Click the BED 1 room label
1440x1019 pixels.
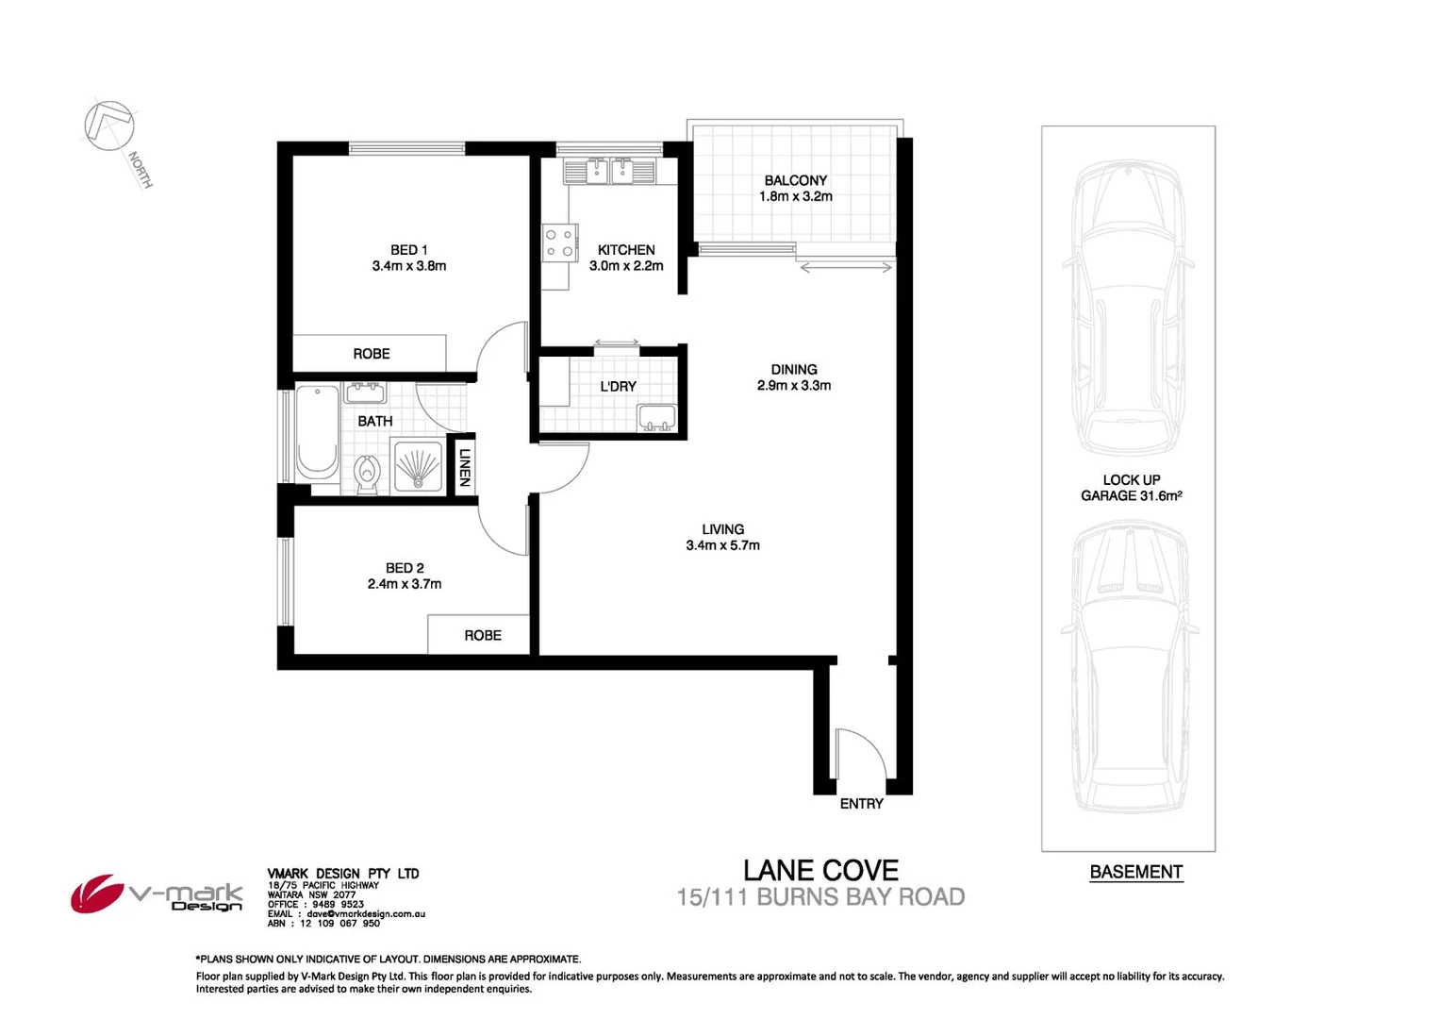click(x=408, y=250)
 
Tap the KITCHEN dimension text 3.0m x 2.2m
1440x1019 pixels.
click(x=626, y=266)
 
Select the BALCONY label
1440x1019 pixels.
click(x=796, y=180)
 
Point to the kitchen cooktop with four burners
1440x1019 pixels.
click(x=559, y=242)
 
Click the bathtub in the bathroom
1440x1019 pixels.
click(x=318, y=432)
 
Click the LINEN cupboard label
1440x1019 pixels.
click(x=464, y=467)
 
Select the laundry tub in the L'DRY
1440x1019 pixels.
click(x=657, y=417)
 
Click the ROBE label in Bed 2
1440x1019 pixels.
click(x=483, y=636)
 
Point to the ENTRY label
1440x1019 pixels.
click(x=862, y=804)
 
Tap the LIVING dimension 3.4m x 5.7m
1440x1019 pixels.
click(x=723, y=545)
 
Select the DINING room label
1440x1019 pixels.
click(x=794, y=370)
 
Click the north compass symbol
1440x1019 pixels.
click(x=108, y=125)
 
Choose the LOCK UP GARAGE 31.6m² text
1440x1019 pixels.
click(x=1132, y=488)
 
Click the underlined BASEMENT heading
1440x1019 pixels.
click(x=1136, y=872)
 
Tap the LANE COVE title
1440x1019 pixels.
click(x=820, y=870)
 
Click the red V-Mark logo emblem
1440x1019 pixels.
click(x=96, y=893)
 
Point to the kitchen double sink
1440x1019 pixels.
click(x=609, y=172)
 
